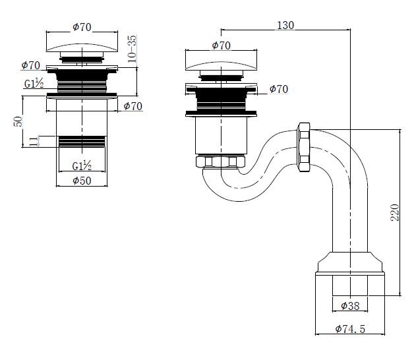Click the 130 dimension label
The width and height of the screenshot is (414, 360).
pyautogui.click(x=285, y=24)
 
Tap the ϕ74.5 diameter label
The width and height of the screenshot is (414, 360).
pyautogui.click(x=351, y=328)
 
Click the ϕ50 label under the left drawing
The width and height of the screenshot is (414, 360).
pyautogui.click(x=81, y=180)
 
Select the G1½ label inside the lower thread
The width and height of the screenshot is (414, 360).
pyautogui.click(x=81, y=165)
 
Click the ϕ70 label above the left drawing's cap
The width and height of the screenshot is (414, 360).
pyautogui.click(x=81, y=26)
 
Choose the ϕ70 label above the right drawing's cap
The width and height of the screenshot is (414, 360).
pyautogui.click(x=220, y=45)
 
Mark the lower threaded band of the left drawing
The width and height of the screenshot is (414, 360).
pyautogui.click(x=81, y=144)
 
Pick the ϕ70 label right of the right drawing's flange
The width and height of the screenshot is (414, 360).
pyautogui.click(x=278, y=89)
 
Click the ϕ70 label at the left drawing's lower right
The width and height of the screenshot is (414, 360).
pyautogui.click(x=133, y=105)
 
